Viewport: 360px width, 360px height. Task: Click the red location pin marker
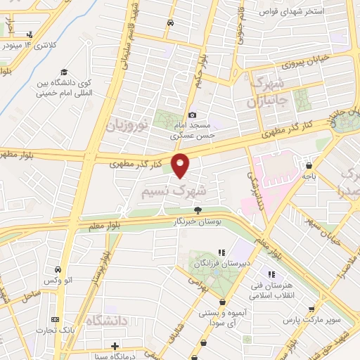coord(181,165)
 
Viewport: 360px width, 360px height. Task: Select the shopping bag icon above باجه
coord(309,166)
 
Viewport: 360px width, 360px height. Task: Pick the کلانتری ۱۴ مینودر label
coord(29,45)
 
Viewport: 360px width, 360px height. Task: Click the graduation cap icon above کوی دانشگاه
coord(64,72)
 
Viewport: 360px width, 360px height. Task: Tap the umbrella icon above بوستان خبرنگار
coord(198,210)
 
